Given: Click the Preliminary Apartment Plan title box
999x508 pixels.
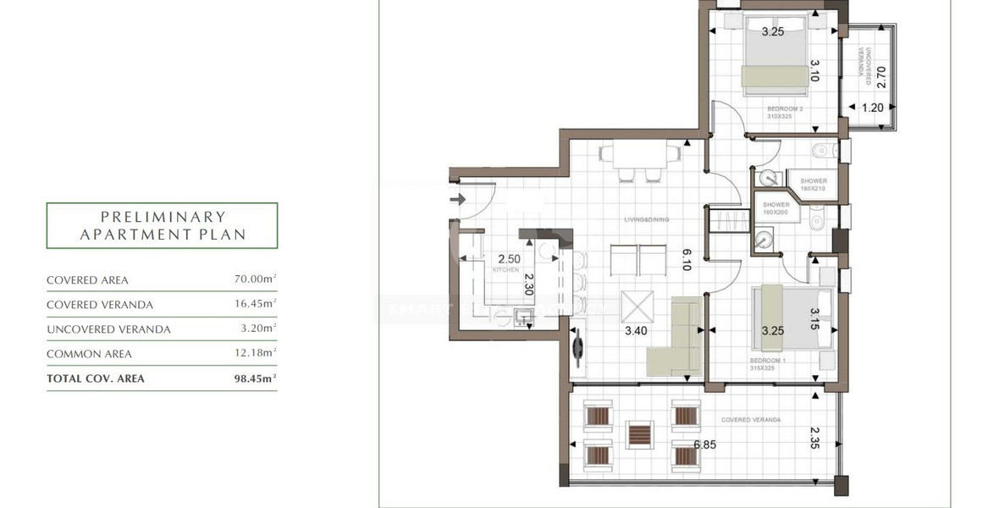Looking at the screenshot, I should coord(162,225).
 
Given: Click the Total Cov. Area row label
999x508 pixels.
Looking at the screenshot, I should coord(96,378).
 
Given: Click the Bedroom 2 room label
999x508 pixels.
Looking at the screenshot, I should coord(785,109).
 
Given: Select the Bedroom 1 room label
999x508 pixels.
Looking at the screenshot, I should coord(768,361).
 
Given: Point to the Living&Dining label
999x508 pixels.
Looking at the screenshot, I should coord(647,219).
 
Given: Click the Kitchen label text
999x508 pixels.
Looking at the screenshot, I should coord(506,269).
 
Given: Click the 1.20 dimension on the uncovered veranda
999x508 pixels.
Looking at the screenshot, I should coord(872,108).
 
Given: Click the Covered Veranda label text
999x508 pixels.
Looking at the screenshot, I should coord(751,420).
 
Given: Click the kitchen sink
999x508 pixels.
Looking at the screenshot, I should coord(522,317).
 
